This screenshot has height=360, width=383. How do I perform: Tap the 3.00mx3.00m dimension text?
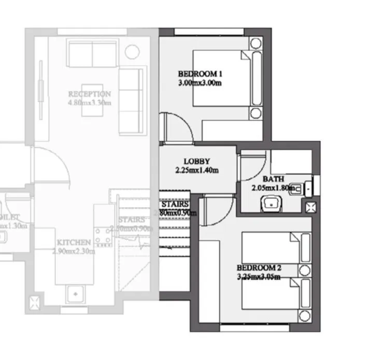[x=200, y=82]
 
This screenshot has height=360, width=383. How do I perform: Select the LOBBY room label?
[x=196, y=161]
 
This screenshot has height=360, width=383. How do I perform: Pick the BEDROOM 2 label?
[x=259, y=268]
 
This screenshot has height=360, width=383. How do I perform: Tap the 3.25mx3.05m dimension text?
[x=259, y=277]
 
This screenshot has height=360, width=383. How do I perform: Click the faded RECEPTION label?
[x=89, y=94]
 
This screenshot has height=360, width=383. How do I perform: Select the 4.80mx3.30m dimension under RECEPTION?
[x=89, y=103]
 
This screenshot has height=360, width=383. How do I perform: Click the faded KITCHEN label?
[x=74, y=242]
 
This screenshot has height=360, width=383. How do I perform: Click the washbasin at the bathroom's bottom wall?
[x=270, y=204]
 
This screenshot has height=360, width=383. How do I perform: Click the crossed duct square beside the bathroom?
[x=311, y=208]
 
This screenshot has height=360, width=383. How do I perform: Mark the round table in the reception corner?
[x=132, y=52]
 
